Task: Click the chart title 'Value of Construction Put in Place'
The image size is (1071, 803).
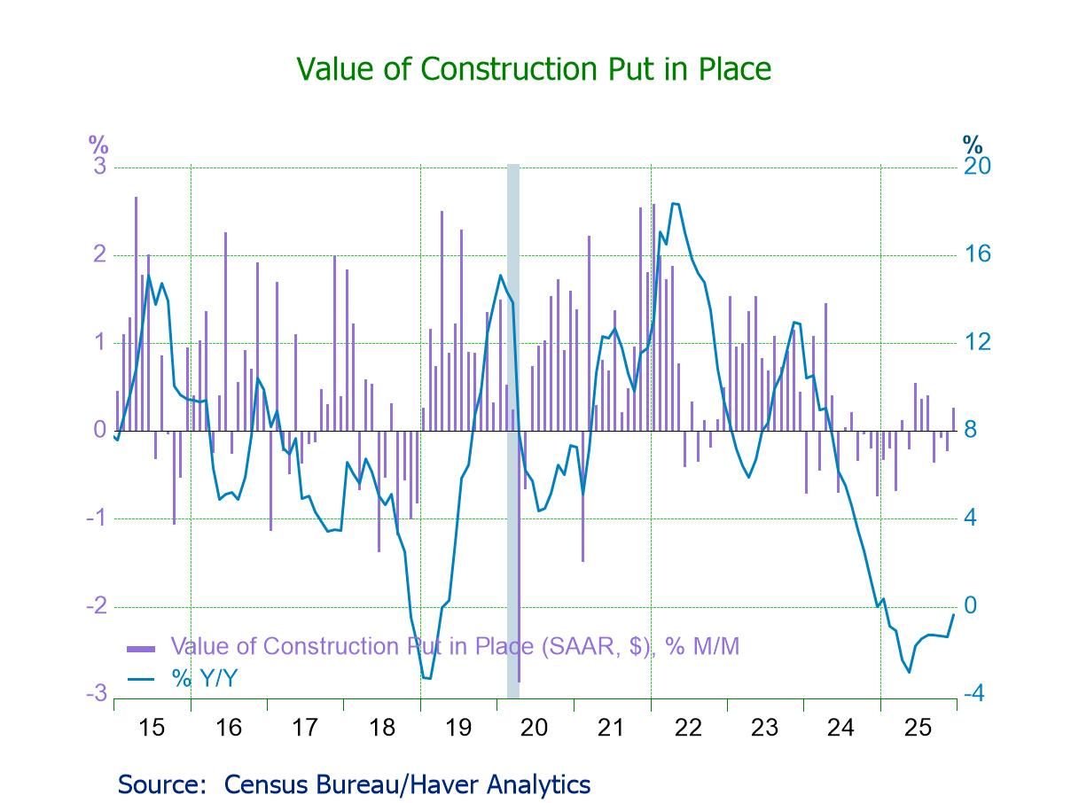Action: pos(533,69)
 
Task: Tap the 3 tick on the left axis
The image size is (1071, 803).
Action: pos(100,167)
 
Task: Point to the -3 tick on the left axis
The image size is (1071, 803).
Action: pos(97,694)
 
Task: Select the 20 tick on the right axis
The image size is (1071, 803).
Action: pos(977,167)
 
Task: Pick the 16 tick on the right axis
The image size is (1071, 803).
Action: pos(977,254)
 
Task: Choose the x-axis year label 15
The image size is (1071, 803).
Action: pos(152,728)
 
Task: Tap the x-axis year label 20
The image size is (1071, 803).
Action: pos(534,728)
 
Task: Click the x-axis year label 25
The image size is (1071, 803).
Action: pos(918,728)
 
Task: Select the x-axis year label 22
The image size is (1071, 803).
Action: pos(688,728)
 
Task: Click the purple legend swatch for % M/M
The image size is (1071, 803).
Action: pos(141,648)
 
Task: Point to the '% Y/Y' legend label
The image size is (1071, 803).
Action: pos(205,679)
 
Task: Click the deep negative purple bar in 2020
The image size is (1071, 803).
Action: pos(519,620)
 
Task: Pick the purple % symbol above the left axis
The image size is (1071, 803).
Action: pos(98,144)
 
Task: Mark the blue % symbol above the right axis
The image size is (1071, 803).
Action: pos(973,144)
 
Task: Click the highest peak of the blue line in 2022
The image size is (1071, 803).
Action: pos(674,204)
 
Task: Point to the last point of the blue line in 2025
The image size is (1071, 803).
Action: pos(954,615)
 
